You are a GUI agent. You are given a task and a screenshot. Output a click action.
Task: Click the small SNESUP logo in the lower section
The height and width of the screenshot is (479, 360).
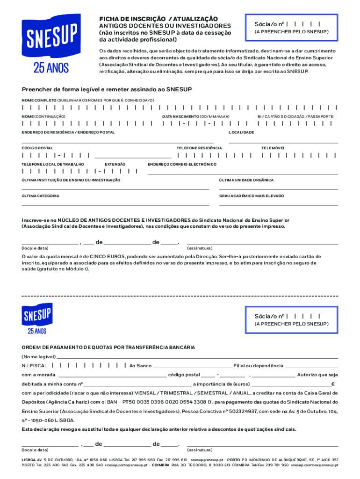(37, 316)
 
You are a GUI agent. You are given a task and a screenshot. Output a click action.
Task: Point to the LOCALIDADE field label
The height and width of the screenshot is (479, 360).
(241, 132)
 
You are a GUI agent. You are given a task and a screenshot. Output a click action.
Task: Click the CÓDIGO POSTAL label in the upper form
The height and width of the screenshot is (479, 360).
(37, 148)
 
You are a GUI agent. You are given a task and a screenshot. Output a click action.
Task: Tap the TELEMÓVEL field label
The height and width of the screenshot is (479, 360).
(273, 148)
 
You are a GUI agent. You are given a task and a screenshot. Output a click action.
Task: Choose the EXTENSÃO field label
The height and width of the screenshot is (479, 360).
(115, 164)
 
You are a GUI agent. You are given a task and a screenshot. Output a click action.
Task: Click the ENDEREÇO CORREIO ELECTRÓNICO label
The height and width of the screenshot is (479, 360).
(182, 164)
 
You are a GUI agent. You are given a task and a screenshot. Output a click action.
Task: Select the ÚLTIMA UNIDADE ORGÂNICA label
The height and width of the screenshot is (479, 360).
(246, 180)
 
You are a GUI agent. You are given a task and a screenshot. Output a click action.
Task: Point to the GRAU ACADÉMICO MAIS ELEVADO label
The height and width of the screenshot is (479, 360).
(252, 196)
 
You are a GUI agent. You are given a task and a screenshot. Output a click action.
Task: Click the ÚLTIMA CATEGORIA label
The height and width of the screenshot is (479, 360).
(41, 196)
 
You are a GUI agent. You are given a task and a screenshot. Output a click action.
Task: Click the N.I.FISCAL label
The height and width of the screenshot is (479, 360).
(35, 366)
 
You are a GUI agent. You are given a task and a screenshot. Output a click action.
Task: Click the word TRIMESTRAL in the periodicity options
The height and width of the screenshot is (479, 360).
(174, 393)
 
